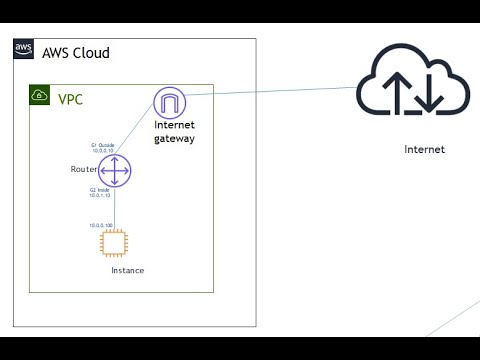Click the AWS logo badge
[x=24, y=50]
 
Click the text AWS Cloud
[x=75, y=52]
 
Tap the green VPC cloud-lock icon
[x=39, y=96]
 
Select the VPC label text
[x=71, y=98]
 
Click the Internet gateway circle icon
[x=169, y=102]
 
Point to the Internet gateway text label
[x=174, y=132]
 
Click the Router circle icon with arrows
[x=115, y=171]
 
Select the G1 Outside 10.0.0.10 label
[x=104, y=149]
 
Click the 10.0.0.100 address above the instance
[x=101, y=225]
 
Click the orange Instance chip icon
[x=126, y=243]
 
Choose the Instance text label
[x=127, y=271]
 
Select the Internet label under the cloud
[x=424, y=150]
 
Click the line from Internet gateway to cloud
[x=270, y=94]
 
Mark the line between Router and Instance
[x=115, y=210]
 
